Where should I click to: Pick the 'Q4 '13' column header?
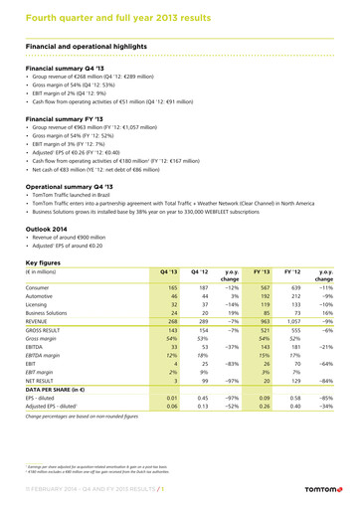[168, 270]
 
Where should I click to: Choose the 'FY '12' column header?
[291, 270]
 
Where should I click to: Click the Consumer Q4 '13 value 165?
[171, 287]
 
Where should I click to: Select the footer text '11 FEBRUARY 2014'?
[40, 490]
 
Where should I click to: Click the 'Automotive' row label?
[43, 296]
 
